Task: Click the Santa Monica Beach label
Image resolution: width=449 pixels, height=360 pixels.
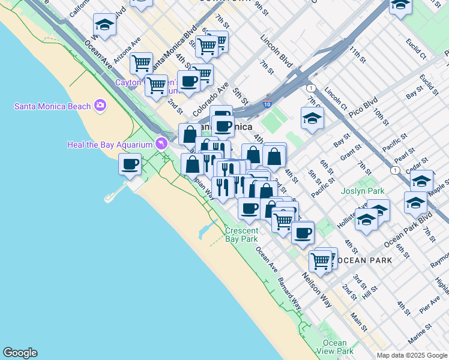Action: (52, 106)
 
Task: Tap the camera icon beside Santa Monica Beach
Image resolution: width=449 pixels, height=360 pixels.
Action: (100, 106)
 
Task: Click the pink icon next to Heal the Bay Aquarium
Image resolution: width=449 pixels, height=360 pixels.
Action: (161, 143)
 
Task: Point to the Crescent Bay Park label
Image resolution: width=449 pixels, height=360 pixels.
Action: (241, 235)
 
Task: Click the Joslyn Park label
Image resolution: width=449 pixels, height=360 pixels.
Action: (363, 192)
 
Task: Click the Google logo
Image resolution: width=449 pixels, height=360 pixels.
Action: (20, 353)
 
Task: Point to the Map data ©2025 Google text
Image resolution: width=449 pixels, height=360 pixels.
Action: (411, 355)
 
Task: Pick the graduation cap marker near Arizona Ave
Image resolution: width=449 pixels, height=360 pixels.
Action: (104, 25)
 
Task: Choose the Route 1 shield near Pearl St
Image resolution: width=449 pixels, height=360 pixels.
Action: (395, 170)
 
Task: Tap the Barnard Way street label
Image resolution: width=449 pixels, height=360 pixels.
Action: (289, 293)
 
